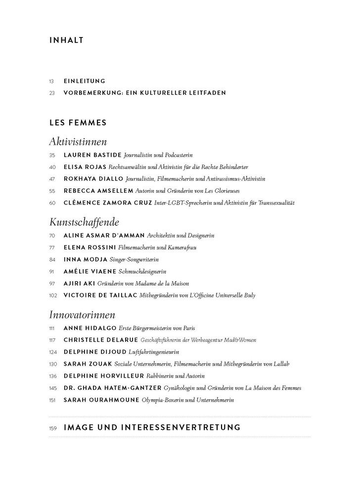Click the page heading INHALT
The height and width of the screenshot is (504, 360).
[x=66, y=41]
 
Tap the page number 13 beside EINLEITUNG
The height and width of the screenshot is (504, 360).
[x=52, y=81]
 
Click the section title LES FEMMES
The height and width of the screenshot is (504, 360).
[x=78, y=122]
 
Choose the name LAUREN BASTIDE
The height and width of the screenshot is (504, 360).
[x=92, y=155]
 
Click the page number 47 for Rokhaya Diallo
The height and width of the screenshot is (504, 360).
[x=52, y=179]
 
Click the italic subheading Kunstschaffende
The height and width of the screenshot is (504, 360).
[x=85, y=222]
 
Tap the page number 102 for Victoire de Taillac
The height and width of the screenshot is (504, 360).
[x=53, y=295]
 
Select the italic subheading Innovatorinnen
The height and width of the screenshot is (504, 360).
[x=83, y=314]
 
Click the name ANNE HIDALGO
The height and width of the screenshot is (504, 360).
[x=90, y=328]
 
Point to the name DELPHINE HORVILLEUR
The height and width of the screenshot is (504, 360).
[x=101, y=376]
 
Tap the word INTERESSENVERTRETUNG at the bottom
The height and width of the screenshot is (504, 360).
[x=180, y=427]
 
